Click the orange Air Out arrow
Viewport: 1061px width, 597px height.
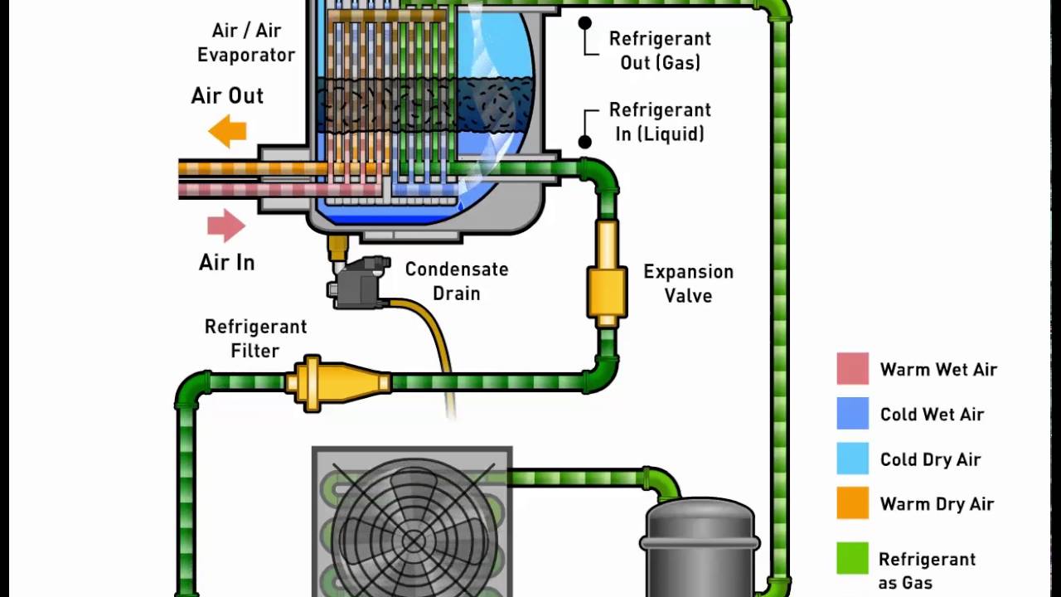click(x=227, y=131)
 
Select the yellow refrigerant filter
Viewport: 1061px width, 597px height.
click(x=336, y=382)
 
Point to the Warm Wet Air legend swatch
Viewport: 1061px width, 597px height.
click(x=852, y=369)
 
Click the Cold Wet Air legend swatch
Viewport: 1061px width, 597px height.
click(x=852, y=414)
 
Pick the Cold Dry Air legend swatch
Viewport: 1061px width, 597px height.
click(x=852, y=459)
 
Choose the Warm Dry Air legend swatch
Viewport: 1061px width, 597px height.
click(x=852, y=503)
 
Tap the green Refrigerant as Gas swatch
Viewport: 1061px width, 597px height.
click(x=852, y=558)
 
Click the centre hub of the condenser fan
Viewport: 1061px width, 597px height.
click(x=413, y=541)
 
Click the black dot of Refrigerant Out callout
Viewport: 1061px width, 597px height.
click(x=585, y=23)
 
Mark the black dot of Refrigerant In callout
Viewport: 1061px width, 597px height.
click(x=585, y=142)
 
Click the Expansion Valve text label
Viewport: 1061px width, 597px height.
click(x=688, y=284)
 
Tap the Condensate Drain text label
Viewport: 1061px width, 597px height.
click(x=456, y=281)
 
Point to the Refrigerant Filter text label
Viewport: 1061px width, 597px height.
click(x=255, y=338)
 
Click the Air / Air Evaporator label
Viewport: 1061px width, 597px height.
click(x=246, y=43)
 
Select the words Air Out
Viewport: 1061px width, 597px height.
click(x=227, y=95)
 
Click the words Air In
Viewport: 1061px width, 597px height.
click(x=226, y=263)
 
